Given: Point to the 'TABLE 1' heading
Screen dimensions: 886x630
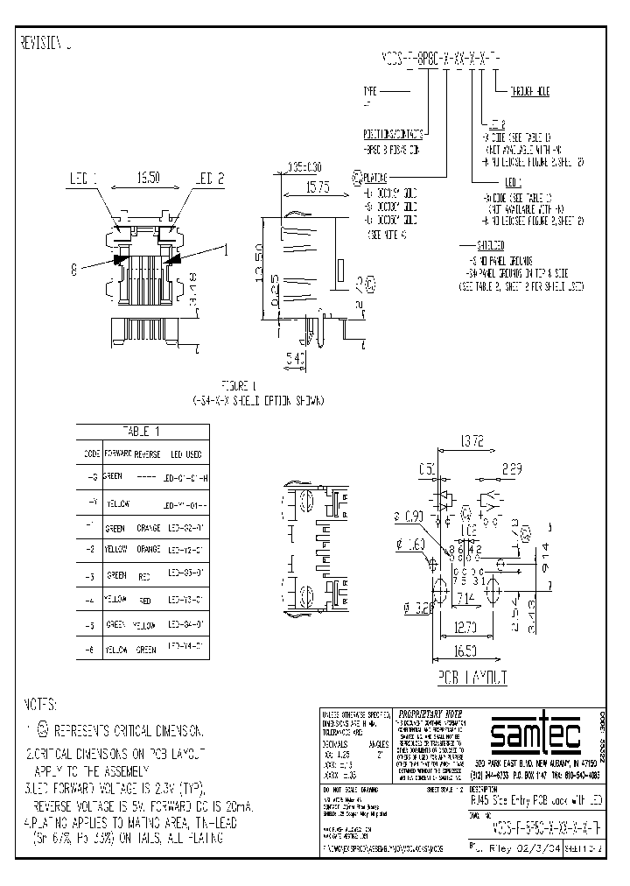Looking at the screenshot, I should pyautogui.click(x=142, y=432).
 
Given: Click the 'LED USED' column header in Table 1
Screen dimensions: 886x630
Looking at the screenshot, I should pyautogui.click(x=185, y=454).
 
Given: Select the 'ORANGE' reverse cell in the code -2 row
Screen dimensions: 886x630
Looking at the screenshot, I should pyautogui.click(x=149, y=549).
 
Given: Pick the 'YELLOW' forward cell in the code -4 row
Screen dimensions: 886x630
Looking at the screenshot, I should pyautogui.click(x=115, y=599).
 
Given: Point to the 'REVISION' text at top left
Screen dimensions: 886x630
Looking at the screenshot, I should pyautogui.click(x=40, y=41).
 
